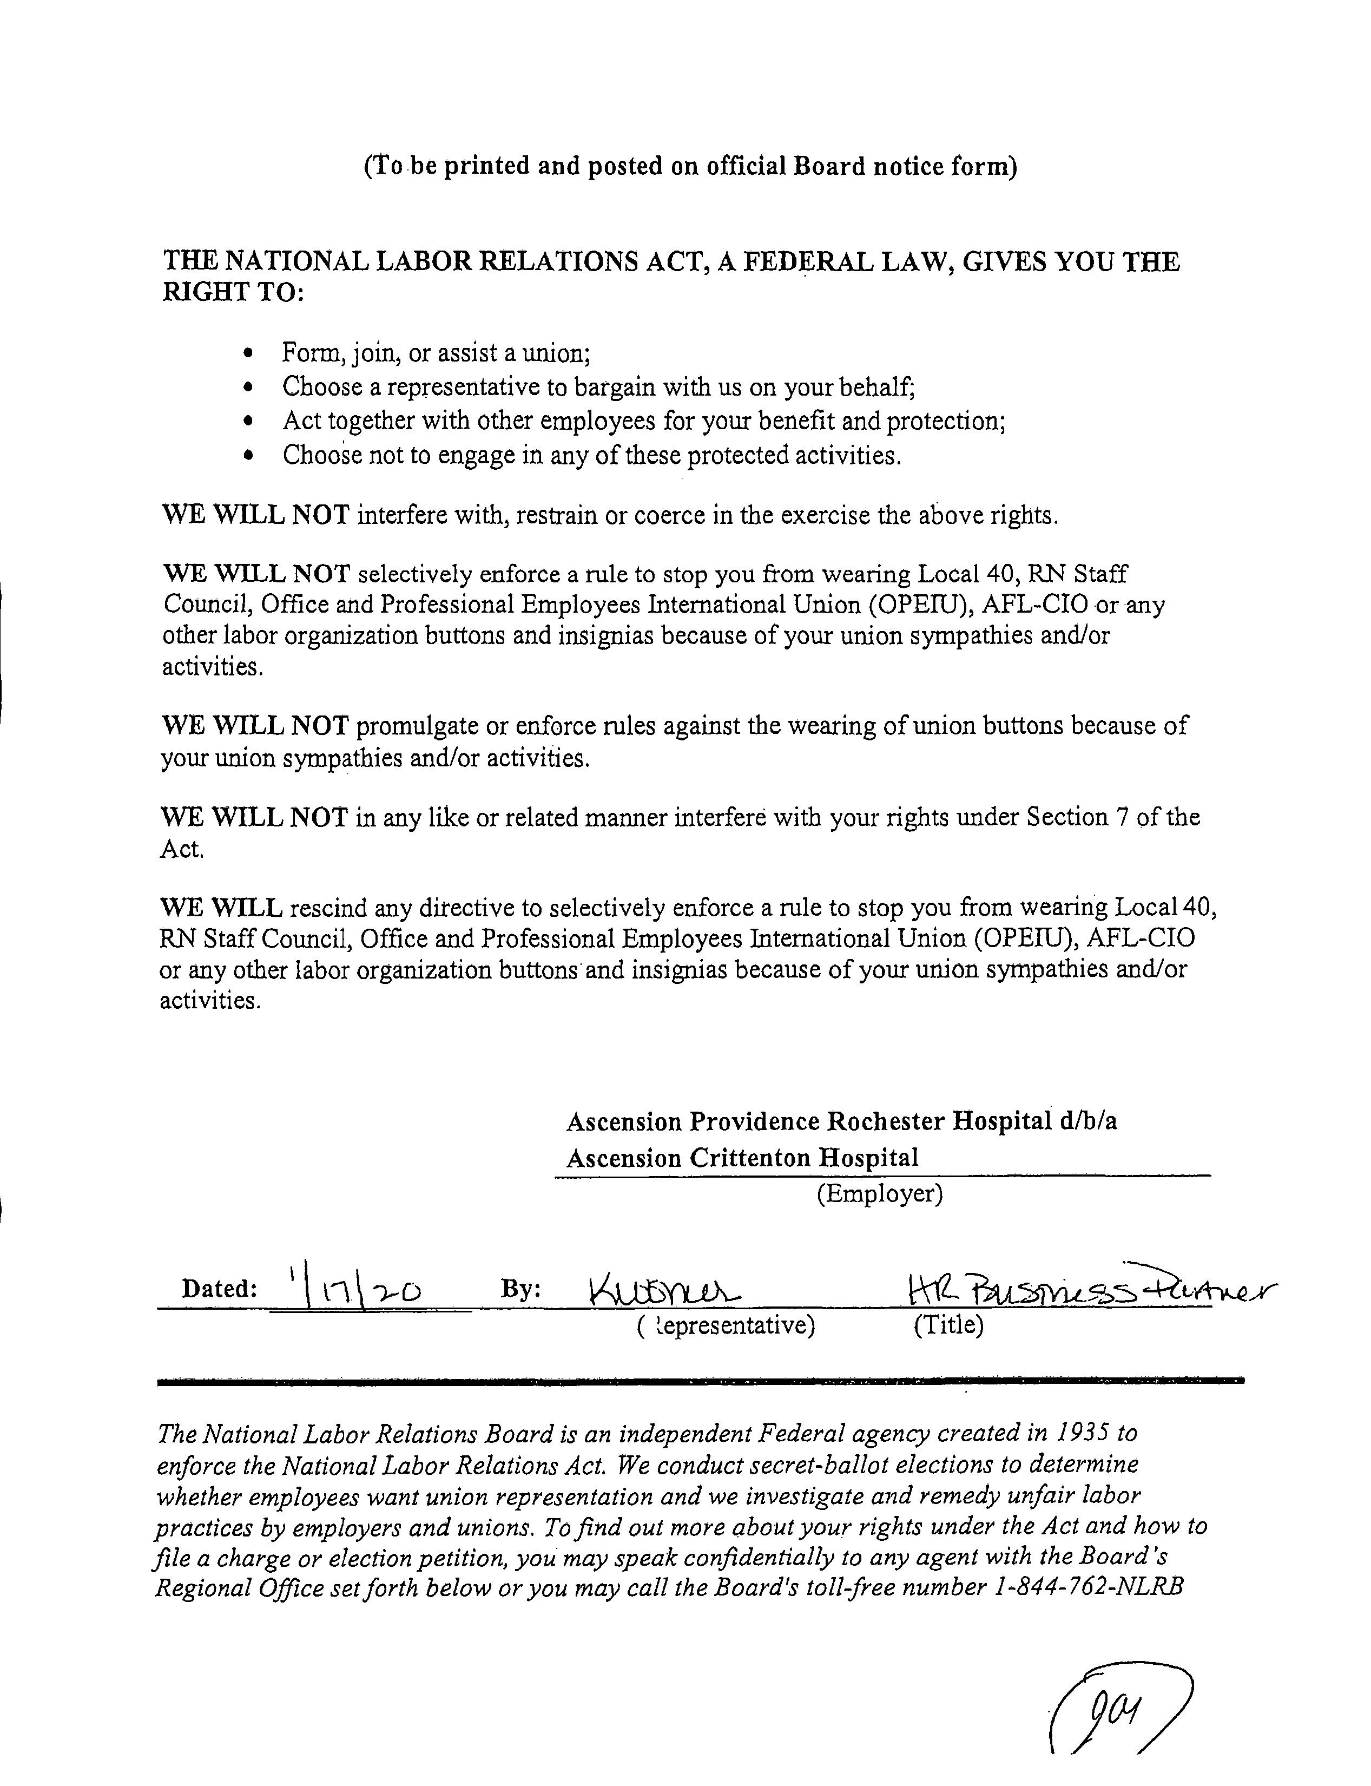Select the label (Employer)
point(880,1194)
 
